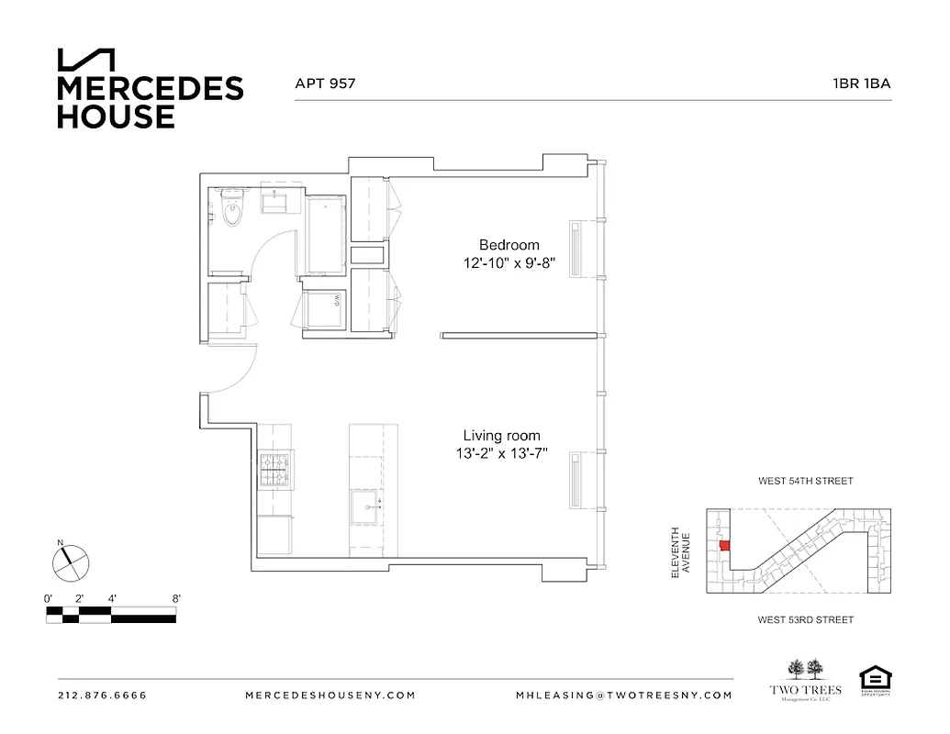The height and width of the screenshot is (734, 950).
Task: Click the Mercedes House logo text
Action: (150, 102)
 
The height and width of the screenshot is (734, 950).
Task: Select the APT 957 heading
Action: (324, 83)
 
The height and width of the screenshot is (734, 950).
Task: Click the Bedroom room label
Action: (509, 245)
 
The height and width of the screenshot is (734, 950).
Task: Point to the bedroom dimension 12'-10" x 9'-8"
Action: (509, 263)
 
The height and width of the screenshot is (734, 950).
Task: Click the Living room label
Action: (501, 436)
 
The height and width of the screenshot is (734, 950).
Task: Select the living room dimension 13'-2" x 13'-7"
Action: (501, 454)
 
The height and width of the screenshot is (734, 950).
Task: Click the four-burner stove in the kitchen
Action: (274, 470)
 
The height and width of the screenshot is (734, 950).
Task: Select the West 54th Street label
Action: (805, 481)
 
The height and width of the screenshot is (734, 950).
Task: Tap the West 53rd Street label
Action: (805, 620)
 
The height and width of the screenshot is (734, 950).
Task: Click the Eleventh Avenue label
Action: (678, 551)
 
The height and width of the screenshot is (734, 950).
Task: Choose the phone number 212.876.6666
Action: (102, 695)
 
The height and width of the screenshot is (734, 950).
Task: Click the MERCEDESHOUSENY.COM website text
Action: (330, 695)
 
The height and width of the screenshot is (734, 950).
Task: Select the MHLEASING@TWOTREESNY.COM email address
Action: (624, 695)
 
